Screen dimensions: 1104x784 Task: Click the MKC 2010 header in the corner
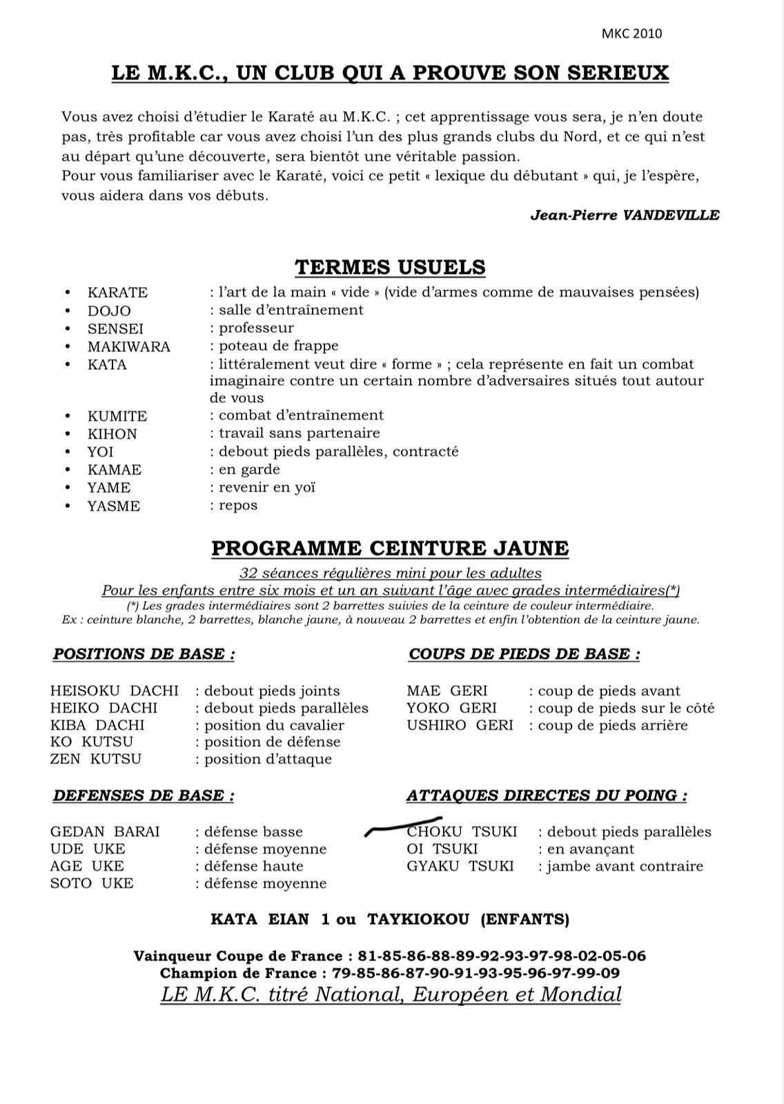pos(631,34)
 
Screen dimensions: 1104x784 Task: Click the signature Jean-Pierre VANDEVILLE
pos(625,215)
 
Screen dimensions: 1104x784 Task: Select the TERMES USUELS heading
pos(390,267)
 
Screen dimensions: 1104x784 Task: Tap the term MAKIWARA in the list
pos(128,346)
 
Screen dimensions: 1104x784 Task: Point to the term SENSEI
pos(115,328)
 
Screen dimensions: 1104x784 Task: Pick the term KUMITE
pos(117,416)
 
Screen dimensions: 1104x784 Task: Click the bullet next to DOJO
pos(68,310)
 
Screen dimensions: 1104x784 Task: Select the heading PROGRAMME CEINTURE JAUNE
pos(390,549)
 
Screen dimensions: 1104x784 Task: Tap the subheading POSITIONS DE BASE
pos(144,654)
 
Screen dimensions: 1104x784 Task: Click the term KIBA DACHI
pos(97,725)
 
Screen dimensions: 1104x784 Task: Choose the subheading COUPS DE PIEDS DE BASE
pos(524,654)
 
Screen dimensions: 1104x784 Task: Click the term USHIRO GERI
pos(460,725)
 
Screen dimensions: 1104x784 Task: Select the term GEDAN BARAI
pos(105,831)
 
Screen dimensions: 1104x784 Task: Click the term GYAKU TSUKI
pos(460,866)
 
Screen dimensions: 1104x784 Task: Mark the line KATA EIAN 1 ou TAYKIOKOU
pos(390,919)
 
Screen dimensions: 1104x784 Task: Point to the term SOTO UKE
pos(92,883)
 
